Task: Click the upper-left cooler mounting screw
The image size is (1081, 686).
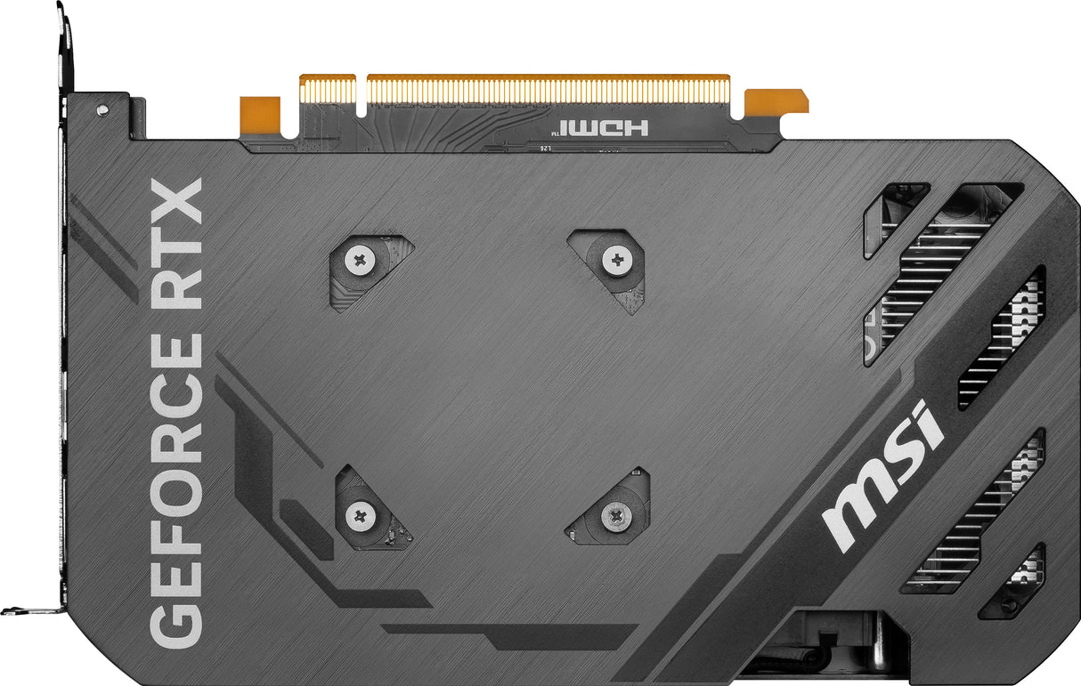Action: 360,261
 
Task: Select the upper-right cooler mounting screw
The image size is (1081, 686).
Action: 616,261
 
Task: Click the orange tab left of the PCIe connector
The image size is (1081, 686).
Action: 260,113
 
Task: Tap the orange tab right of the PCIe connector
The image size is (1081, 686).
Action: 776,101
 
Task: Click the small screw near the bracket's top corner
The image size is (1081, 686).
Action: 102,110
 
